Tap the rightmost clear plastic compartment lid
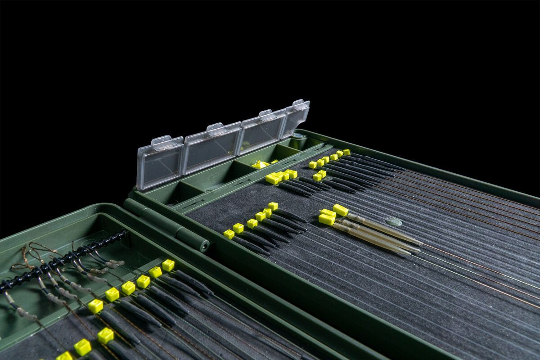295,118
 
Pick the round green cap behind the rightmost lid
298,136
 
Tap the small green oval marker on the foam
394,221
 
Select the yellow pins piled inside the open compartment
261,164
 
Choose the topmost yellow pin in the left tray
168,265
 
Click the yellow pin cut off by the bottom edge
64,356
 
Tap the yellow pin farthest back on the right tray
346,152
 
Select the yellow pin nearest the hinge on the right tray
229,234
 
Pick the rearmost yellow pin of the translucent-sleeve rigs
341,210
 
